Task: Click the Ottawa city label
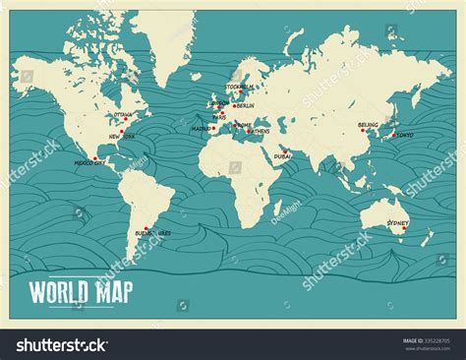(x=123, y=114)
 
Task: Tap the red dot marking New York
(x=123, y=130)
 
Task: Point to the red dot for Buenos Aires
(x=146, y=229)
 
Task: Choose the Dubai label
(x=283, y=155)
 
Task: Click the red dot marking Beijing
(x=373, y=125)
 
